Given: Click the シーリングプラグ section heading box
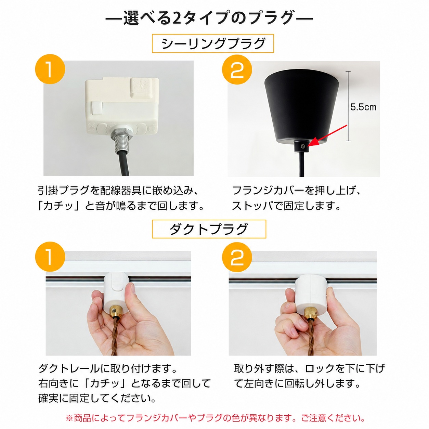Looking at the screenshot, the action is pos(212,43).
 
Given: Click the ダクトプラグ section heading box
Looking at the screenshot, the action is pos(209,229).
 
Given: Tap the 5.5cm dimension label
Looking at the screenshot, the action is pos(363,107).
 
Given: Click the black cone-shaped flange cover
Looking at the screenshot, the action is pos(302,108).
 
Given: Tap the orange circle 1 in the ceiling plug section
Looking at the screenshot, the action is pos(50,69).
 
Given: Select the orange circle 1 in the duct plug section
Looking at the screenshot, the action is pos(50,257).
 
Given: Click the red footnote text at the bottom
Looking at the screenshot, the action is pos(215,418).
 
